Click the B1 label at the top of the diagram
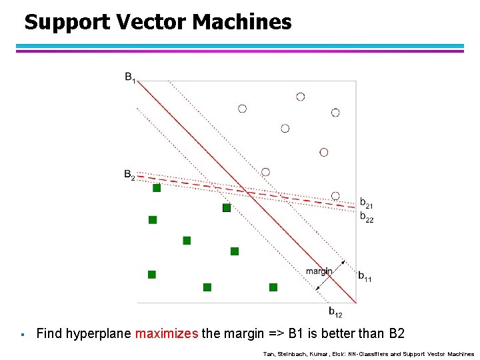(x=130, y=77)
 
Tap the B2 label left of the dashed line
(x=129, y=175)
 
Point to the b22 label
(x=367, y=217)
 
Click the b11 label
(x=365, y=276)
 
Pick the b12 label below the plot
(x=335, y=311)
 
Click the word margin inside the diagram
(x=319, y=271)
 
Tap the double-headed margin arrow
(x=331, y=274)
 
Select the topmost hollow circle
(x=301, y=97)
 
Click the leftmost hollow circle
(x=243, y=108)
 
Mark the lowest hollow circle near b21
(x=335, y=195)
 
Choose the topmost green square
(x=157, y=188)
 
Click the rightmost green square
(x=273, y=287)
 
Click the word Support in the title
(x=67, y=23)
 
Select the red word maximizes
(x=166, y=333)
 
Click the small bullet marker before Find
(x=22, y=334)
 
